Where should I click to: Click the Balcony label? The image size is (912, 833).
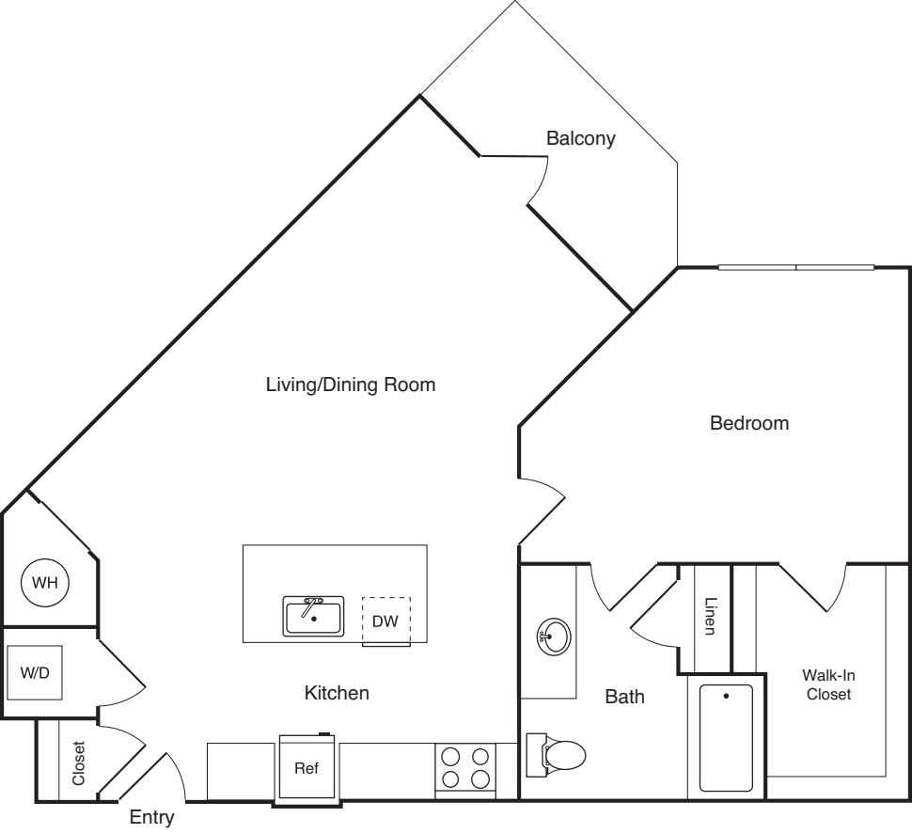pos(580,139)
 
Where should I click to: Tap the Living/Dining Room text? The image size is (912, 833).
pos(351,385)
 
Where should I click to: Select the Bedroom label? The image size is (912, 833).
pos(748,423)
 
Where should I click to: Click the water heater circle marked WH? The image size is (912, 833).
pos(45,583)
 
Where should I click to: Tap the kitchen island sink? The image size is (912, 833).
pos(313,617)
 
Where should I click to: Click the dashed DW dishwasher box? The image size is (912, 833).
pos(386,621)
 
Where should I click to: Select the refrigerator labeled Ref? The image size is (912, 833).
pos(307,768)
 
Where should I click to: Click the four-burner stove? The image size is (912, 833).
pos(464,766)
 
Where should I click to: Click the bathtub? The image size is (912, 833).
pos(726,738)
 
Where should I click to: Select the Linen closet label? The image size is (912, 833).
pos(710,617)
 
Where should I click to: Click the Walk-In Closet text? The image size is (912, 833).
pos(827,684)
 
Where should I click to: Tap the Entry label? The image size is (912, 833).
pos(151,818)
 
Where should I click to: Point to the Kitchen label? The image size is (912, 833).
pos(337,694)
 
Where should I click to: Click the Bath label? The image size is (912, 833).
pos(624,697)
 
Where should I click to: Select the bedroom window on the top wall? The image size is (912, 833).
pos(795,268)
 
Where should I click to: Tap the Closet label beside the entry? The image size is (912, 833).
pos(78,764)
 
